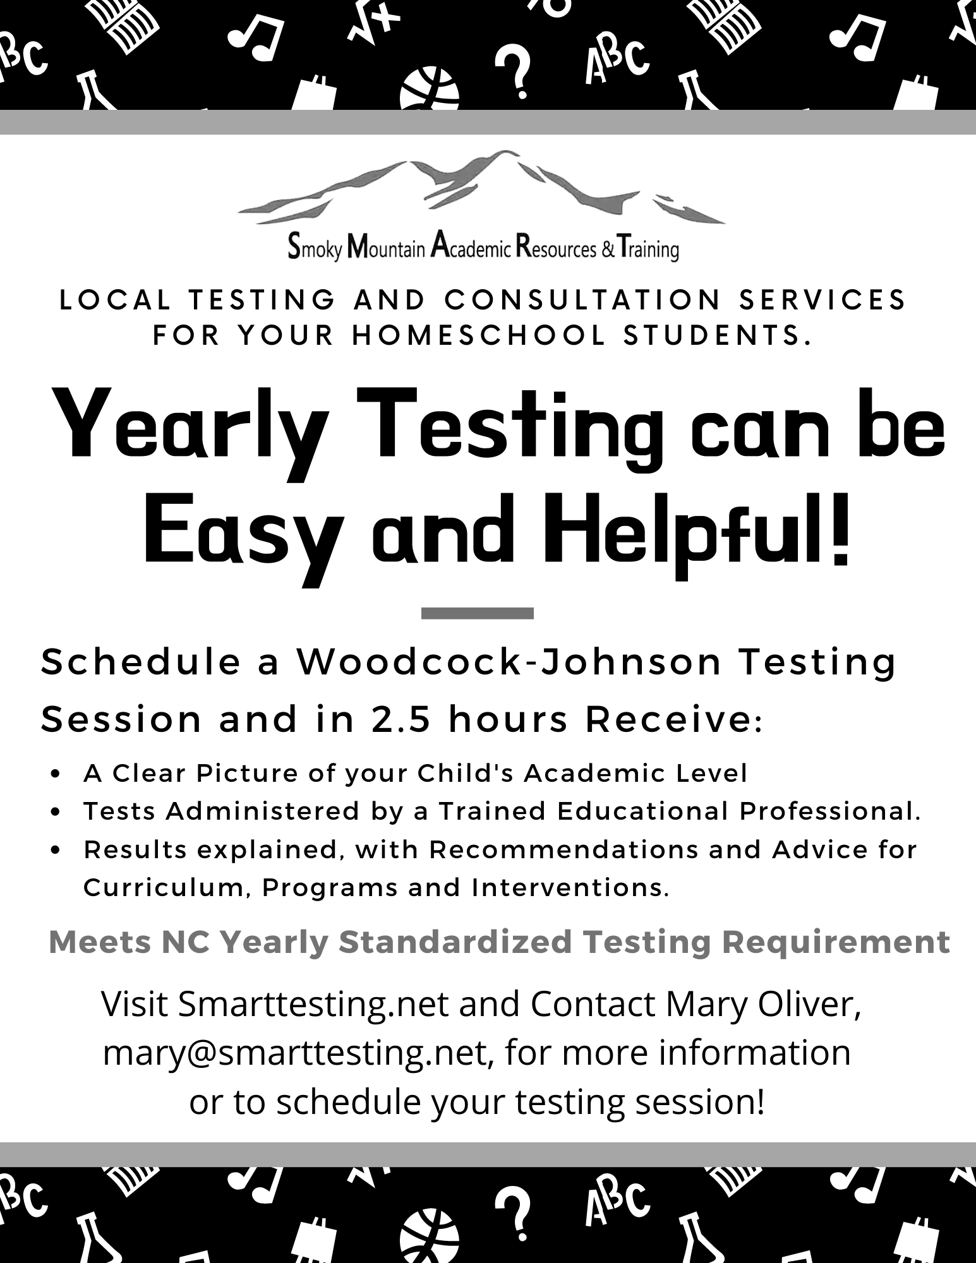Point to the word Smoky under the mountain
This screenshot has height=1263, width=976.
pos(315,247)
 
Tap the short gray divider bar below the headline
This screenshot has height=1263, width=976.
pos(477,613)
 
